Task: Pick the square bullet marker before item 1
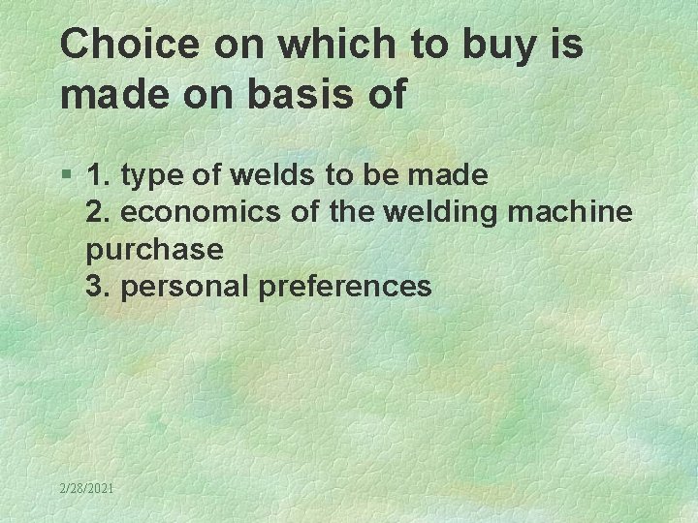(x=66, y=176)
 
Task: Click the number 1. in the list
(x=97, y=175)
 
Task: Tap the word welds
(x=265, y=175)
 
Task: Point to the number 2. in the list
(x=97, y=212)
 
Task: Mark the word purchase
(x=154, y=250)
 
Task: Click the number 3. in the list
(x=97, y=286)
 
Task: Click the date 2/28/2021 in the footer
(x=86, y=489)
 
